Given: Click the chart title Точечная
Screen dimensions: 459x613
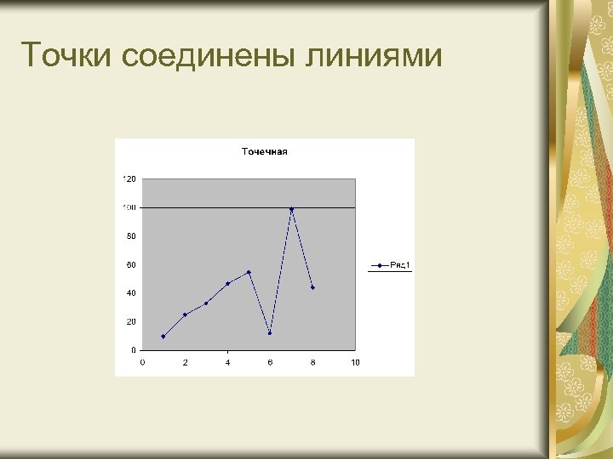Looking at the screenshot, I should pyautogui.click(x=265, y=152).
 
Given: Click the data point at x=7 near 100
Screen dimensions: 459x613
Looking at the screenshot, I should pyautogui.click(x=291, y=209).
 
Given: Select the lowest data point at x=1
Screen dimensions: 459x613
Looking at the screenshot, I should pyautogui.click(x=163, y=337).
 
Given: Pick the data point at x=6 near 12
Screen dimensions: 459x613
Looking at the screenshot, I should pyautogui.click(x=270, y=333).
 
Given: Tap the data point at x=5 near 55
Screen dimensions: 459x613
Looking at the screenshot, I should pyautogui.click(x=249, y=272).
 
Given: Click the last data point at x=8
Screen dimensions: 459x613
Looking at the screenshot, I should pyautogui.click(x=312, y=287).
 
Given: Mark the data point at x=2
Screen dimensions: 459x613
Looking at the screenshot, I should pyautogui.click(x=185, y=314).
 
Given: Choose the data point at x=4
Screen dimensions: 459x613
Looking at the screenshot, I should pyautogui.click(x=227, y=283).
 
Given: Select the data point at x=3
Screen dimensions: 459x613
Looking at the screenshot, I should pyautogui.click(x=206, y=303).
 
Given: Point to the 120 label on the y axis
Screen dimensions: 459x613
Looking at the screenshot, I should pyautogui.click(x=129, y=178).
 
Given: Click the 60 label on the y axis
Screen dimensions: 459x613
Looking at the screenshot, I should pyautogui.click(x=131, y=264).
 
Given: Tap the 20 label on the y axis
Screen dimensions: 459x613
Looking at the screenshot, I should pyautogui.click(x=131, y=321).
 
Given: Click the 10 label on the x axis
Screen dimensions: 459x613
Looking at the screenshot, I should pyautogui.click(x=355, y=363).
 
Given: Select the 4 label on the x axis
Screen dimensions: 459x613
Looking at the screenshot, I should pyautogui.click(x=227, y=363).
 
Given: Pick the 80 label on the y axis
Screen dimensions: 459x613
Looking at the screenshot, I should pyautogui.click(x=131, y=235).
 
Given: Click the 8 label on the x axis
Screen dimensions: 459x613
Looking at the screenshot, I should pyautogui.click(x=312, y=363).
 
